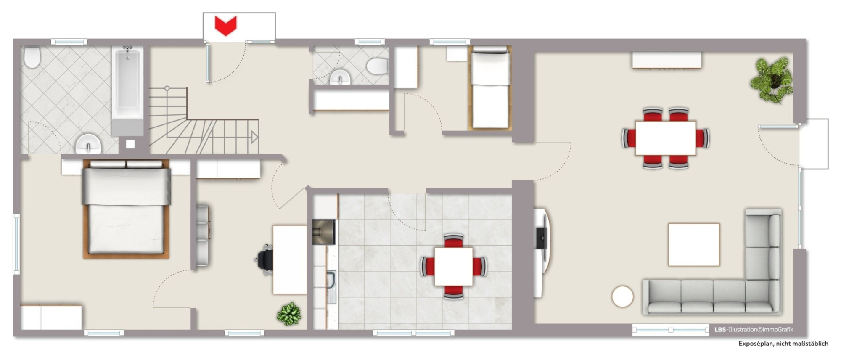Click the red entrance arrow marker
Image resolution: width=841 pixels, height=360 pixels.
tap(226, 25)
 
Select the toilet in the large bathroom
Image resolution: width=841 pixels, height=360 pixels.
tap(32, 57)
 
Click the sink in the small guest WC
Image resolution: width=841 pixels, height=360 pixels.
tap(340, 77)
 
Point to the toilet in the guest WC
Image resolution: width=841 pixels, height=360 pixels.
tap(377, 66)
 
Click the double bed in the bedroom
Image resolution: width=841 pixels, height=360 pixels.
tap(127, 209)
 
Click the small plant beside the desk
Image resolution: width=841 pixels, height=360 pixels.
tap(289, 313)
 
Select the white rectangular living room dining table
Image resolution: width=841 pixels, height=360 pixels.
tap(666, 138)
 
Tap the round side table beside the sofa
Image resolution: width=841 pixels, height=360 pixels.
tap(622, 296)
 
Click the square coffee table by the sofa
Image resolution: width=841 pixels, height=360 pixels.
tap(694, 244)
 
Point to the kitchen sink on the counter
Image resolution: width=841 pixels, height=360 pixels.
tap(331, 287)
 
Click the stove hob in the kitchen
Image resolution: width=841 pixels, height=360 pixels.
tap(323, 232)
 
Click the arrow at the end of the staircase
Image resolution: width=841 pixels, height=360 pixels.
tap(254, 137)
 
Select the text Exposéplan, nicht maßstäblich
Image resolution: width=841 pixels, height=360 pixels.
tap(783, 344)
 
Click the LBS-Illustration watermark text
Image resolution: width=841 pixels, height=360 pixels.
tap(754, 330)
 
